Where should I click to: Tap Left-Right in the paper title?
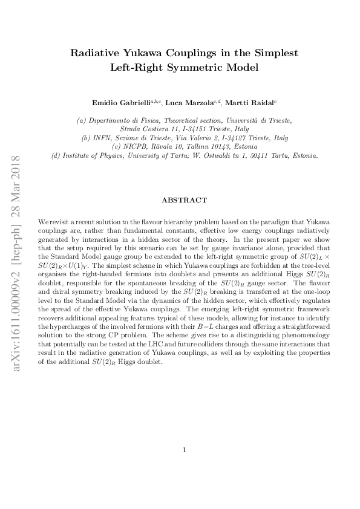pos(137,68)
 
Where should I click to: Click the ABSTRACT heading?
pos(184,200)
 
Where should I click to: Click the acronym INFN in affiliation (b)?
pos(103,138)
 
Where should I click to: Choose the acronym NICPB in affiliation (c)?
pos(140,146)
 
